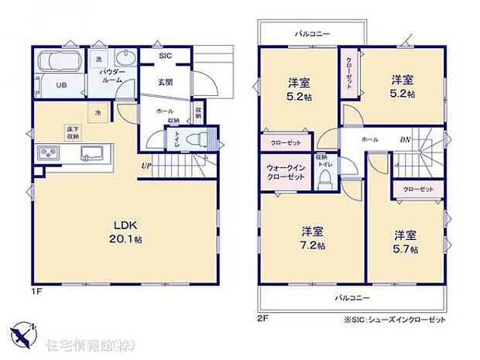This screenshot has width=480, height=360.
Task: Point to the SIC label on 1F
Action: [x=165, y=56]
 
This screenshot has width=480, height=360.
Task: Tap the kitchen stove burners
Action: [x=48, y=153]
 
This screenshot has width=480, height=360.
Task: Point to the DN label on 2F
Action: [x=405, y=140]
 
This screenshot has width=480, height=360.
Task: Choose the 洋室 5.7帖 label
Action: [x=406, y=241]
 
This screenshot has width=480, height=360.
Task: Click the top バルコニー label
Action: [x=312, y=34]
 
